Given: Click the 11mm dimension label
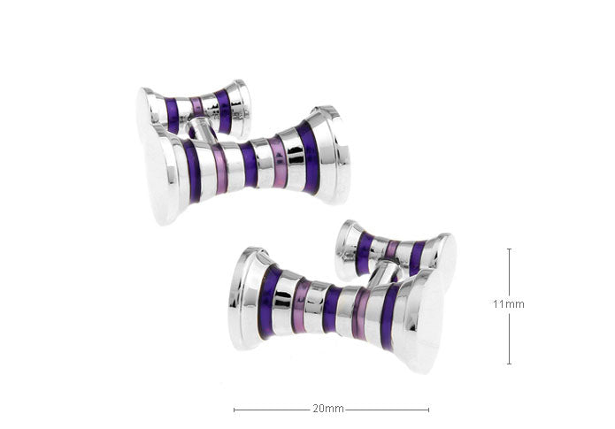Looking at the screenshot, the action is click(509, 304).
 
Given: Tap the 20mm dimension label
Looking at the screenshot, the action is click(328, 409).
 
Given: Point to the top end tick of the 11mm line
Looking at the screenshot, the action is click(509, 249).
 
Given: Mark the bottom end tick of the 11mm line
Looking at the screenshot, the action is click(509, 364).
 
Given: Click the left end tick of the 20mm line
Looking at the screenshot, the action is click(234, 410).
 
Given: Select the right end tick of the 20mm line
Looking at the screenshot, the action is click(428, 410).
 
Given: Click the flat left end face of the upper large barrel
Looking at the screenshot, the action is click(160, 175).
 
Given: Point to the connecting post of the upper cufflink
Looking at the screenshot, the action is click(201, 128).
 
